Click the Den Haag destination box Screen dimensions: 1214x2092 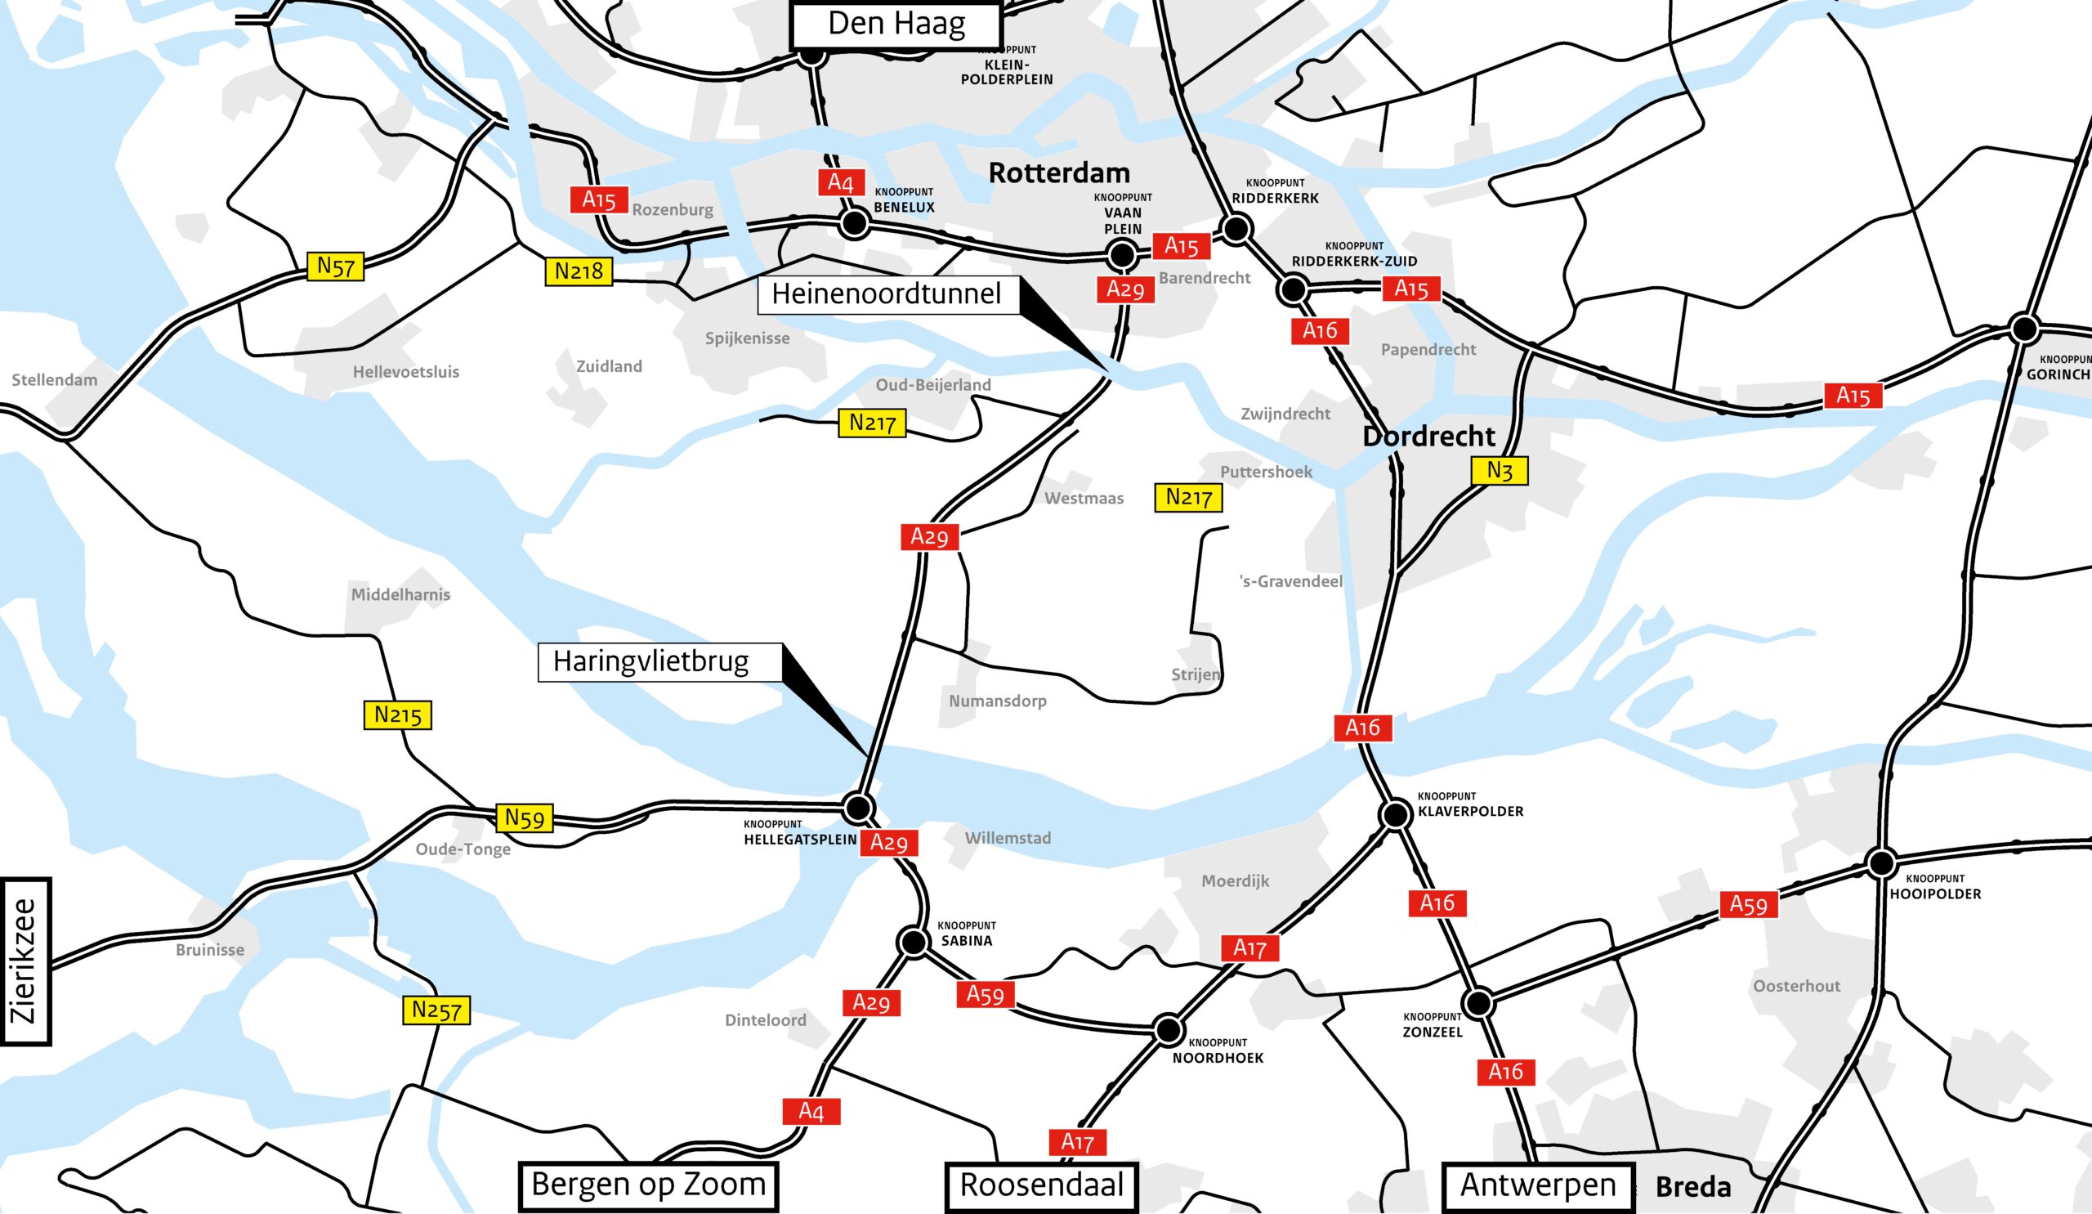tap(896, 25)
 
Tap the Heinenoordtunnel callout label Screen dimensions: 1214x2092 tap(887, 294)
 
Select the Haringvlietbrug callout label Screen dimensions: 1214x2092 tap(651, 662)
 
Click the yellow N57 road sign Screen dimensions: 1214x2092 tap(335, 267)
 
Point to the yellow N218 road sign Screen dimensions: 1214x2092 tap(579, 271)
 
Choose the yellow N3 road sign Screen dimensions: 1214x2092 tap(1500, 471)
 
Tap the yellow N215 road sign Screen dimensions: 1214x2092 tap(398, 715)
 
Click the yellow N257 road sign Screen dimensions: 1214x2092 tap(436, 1010)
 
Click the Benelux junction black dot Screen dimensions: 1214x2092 tap(854, 223)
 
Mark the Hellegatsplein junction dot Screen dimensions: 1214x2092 tap(857, 807)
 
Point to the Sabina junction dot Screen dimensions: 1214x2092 tap(913, 943)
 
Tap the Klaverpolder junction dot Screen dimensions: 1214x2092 tap(1396, 814)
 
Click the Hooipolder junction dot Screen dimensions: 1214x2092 tap(1881, 862)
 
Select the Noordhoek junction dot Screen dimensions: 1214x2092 tap(1168, 1031)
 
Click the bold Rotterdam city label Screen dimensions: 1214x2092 tap(1059, 172)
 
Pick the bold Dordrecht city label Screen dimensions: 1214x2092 tap(1428, 437)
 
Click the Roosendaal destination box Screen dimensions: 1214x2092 tap(1041, 1185)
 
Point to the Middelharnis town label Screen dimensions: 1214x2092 tap(400, 594)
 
